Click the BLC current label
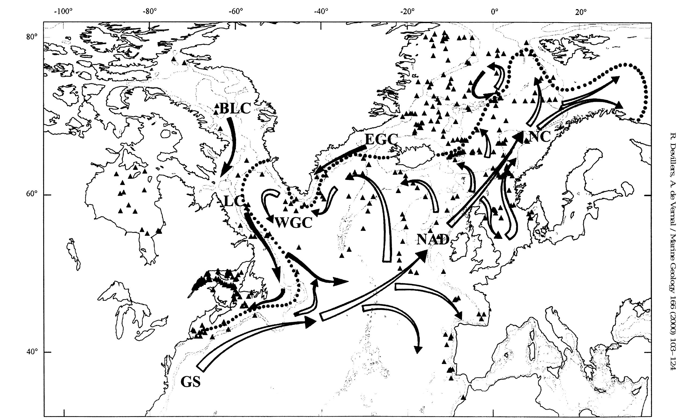coord(235,108)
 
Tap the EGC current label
coord(381,140)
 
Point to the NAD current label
coord(432,239)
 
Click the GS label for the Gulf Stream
coord(190,382)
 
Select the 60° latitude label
coord(32,194)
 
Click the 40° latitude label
coord(32,352)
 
